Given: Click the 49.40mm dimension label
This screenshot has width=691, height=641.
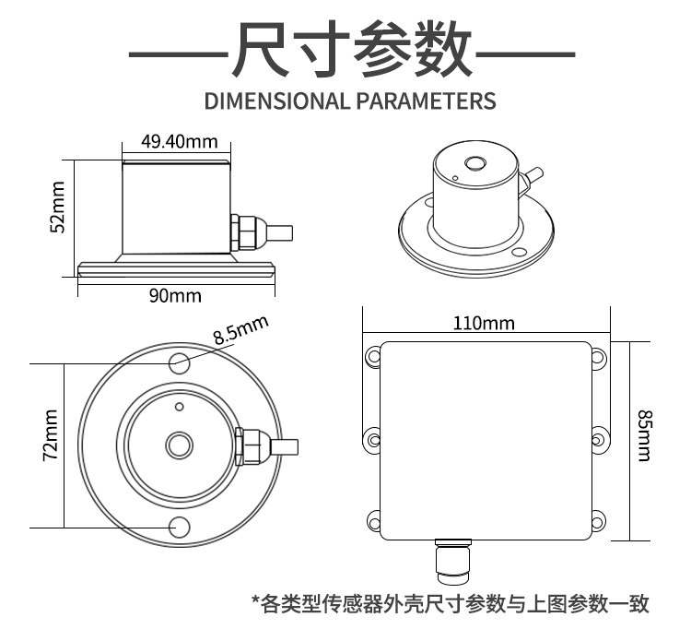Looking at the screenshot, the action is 180,142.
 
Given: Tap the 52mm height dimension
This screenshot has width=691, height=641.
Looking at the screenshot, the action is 58,207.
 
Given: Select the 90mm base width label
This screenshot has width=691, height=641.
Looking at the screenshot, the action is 175,295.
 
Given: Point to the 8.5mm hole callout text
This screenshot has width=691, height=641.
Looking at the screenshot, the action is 241,329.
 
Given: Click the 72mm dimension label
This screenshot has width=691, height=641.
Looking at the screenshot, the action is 51,435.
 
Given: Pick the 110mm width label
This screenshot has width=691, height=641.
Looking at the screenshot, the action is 484,324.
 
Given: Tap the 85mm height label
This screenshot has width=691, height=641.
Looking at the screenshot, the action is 644,436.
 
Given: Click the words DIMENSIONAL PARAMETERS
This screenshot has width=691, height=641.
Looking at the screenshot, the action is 350,101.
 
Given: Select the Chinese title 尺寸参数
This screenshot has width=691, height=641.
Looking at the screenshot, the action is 352,49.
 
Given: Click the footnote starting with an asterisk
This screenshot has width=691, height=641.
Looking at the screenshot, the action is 450,603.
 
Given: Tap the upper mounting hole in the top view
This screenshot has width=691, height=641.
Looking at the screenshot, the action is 180,364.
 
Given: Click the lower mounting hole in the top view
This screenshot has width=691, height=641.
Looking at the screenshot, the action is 180,528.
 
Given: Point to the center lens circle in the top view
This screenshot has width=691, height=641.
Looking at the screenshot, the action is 179,445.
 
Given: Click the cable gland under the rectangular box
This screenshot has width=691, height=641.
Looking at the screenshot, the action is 453,560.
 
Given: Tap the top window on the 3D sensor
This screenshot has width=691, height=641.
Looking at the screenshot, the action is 475,164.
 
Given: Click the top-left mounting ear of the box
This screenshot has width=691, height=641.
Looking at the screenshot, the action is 373,356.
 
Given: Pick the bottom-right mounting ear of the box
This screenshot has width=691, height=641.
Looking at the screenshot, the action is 598,521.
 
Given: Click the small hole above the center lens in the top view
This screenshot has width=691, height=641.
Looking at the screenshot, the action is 180,407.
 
